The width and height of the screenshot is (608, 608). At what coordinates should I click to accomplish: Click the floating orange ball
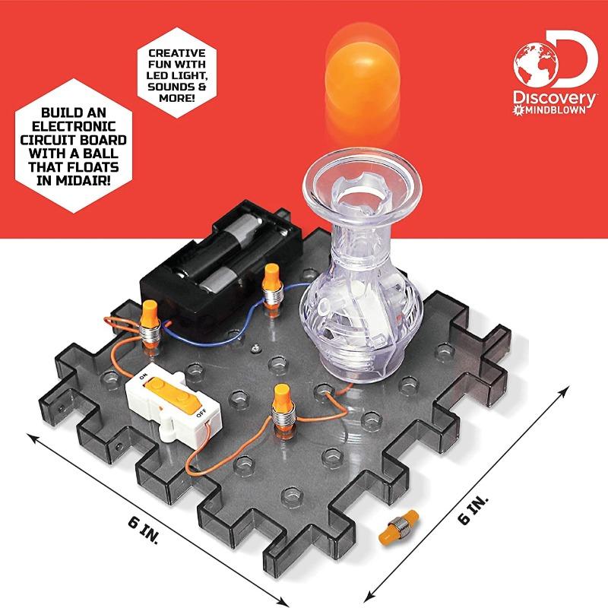click(363, 75)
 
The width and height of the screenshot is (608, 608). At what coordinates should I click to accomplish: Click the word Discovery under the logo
click(555, 99)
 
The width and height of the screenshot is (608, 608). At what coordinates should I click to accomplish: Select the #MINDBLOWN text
click(549, 110)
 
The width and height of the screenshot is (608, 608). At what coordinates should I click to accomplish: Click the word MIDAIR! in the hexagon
click(74, 181)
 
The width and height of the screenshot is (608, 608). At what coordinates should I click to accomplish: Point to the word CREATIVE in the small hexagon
click(177, 53)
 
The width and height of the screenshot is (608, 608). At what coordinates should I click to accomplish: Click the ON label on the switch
click(143, 375)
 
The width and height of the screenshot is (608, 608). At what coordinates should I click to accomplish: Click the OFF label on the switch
click(201, 413)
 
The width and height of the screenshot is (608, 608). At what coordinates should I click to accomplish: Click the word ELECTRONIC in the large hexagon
click(74, 126)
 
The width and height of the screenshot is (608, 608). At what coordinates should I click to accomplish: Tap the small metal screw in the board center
click(255, 349)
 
